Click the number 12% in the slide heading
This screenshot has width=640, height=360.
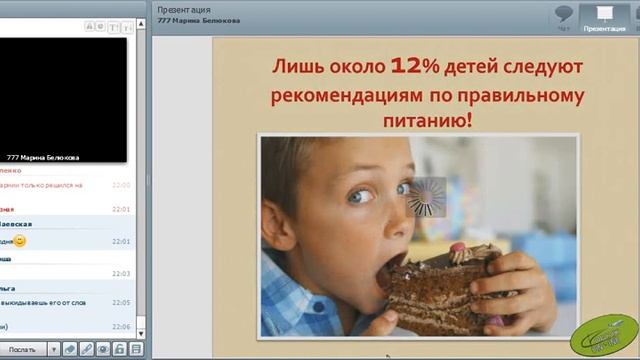pyautogui.click(x=413, y=67)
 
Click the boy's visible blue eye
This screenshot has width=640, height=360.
pyautogui.click(x=358, y=196)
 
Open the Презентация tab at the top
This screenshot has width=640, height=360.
pyautogui.click(x=604, y=18)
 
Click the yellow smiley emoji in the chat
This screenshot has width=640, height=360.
pyautogui.click(x=20, y=241)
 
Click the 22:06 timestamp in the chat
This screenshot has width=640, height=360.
pyautogui.click(x=121, y=326)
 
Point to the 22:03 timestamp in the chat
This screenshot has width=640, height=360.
pyautogui.click(x=121, y=273)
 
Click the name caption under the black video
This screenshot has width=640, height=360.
pyautogui.click(x=43, y=158)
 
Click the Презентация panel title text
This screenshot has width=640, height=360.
pyautogui.click(x=184, y=9)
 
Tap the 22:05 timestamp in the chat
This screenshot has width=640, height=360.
pyautogui.click(x=121, y=302)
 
